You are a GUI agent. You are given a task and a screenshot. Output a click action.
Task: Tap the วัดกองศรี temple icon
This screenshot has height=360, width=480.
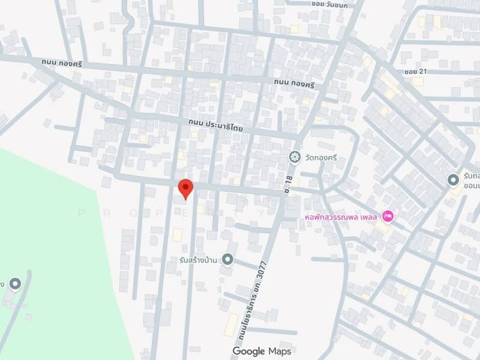pyautogui.click(x=295, y=157)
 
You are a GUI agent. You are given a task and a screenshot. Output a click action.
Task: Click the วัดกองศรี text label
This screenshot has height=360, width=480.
pyautogui.click(x=321, y=158)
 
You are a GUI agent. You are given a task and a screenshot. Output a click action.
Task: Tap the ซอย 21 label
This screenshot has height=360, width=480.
pyautogui.click(x=415, y=72)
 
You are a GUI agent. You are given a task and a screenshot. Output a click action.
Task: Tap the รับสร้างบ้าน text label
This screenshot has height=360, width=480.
pyautogui.click(x=199, y=259)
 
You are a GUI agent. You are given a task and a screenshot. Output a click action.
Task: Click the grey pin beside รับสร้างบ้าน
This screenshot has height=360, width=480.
pyautogui.click(x=227, y=259)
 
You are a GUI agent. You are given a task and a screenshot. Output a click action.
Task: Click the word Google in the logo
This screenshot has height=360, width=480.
pyautogui.click(x=249, y=350)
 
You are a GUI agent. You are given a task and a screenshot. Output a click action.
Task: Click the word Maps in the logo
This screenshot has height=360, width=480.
pyautogui.click(x=280, y=350)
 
